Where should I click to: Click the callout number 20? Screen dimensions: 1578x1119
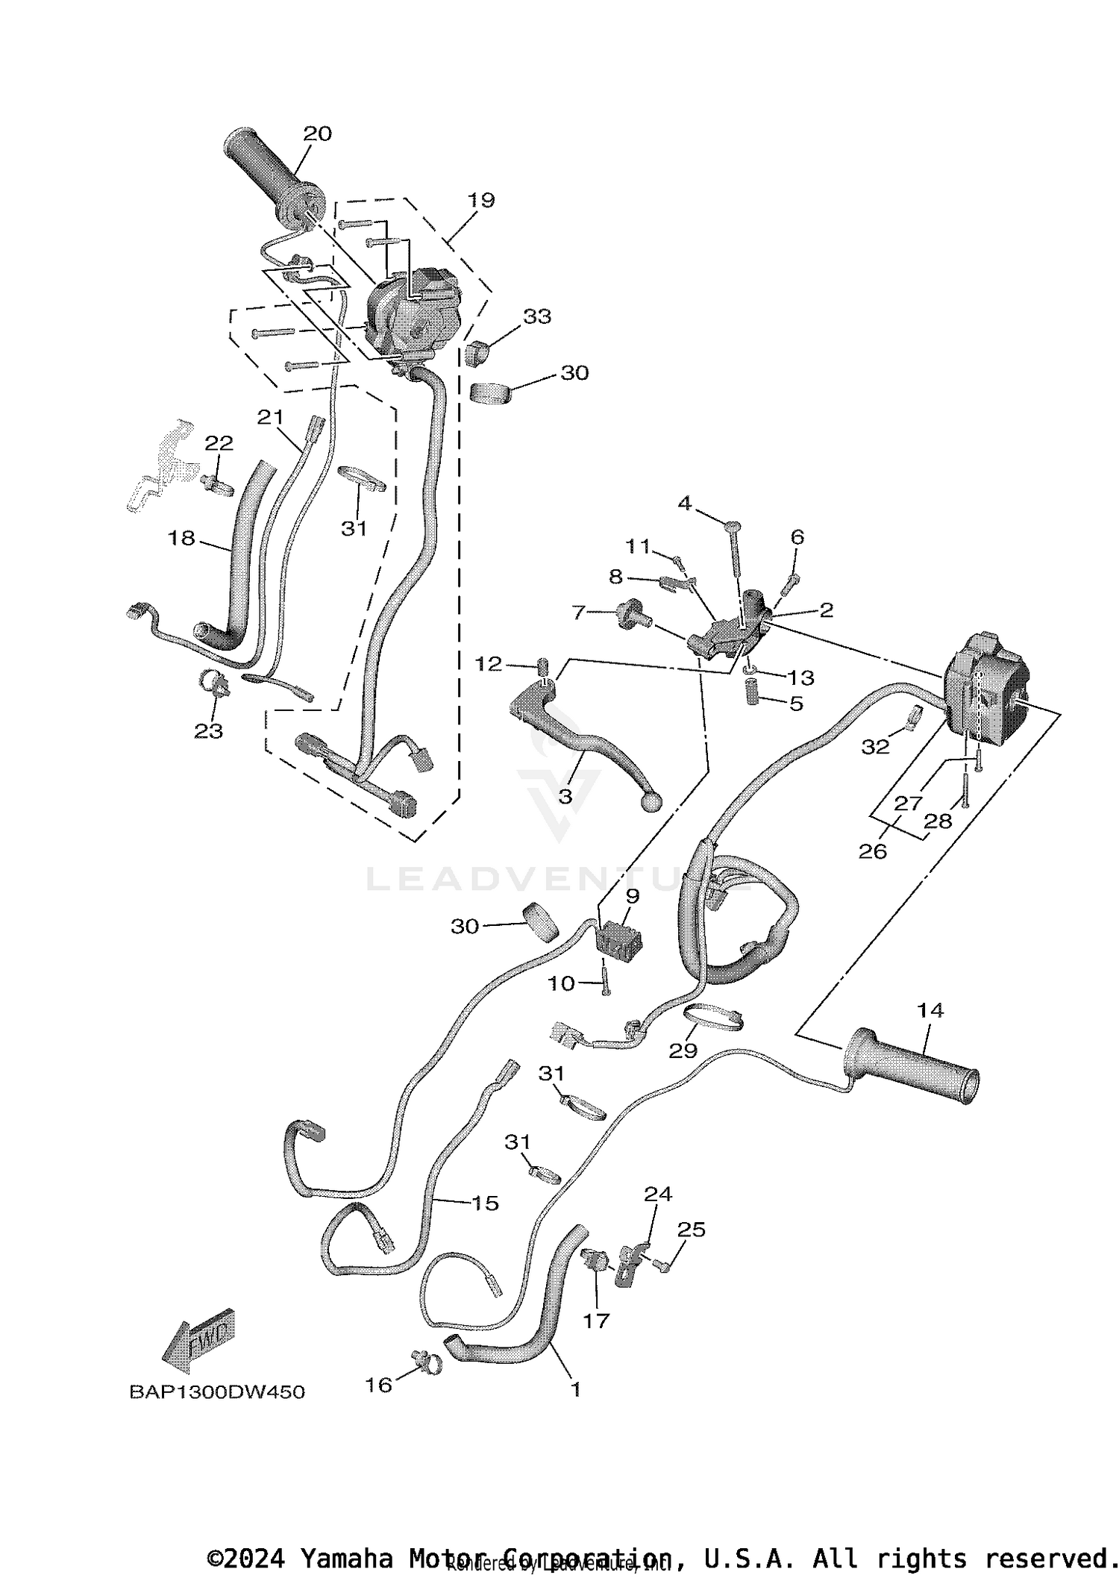pos(317,134)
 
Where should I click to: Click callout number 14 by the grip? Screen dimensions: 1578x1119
pos(930,1010)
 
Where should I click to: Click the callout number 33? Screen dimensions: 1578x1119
pos(536,316)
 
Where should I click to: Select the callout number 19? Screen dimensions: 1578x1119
pos(481,200)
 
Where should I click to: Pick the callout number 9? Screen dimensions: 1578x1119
pos(633,895)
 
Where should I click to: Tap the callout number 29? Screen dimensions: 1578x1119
pos(683,1050)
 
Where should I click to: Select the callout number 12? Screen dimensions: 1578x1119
pos(489,663)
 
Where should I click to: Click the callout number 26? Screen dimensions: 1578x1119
pos(873,851)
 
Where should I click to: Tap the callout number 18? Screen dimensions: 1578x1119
pos(182,537)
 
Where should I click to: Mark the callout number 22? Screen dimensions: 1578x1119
pos(219,442)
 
